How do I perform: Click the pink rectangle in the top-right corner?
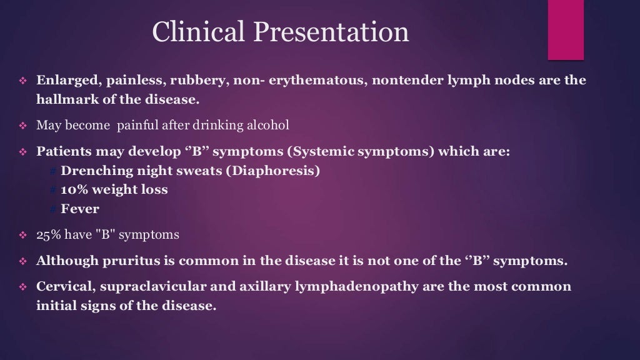(x=566, y=30)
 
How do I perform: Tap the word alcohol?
(x=268, y=125)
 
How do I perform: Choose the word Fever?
(x=80, y=209)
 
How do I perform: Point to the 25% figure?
(x=47, y=235)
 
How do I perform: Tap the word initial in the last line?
(x=54, y=306)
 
